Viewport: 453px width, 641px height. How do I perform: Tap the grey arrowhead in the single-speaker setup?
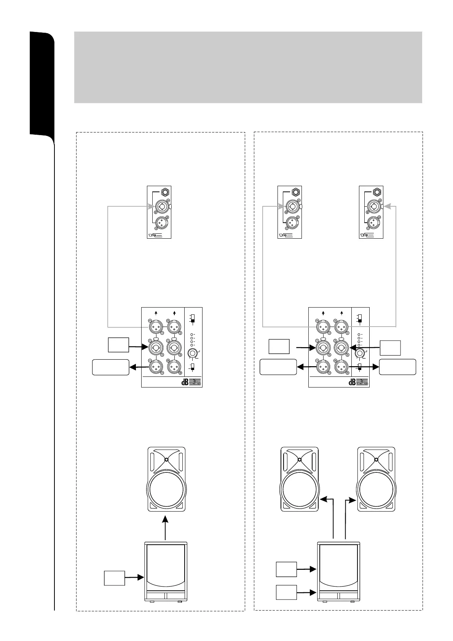pos(150,207)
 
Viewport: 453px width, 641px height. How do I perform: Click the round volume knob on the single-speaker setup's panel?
pos(193,352)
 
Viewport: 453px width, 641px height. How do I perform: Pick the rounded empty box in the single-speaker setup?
pos(110,367)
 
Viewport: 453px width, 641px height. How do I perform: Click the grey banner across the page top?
pos(248,67)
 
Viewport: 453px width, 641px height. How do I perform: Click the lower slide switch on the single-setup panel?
pos(193,367)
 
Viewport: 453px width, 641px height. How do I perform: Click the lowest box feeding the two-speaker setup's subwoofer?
pos(286,603)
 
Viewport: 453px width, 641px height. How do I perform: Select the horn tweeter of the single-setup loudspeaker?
pos(167,459)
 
